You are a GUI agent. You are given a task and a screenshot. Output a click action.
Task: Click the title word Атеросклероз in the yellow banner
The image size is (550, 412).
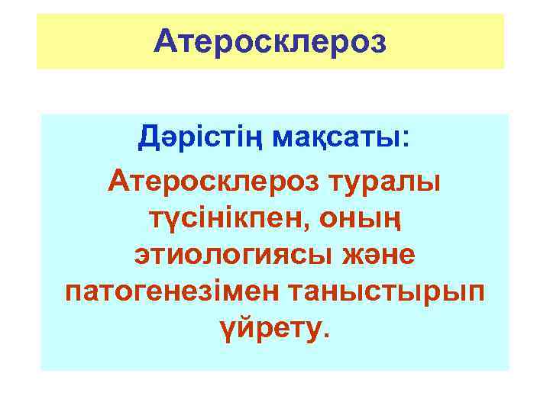270,41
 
